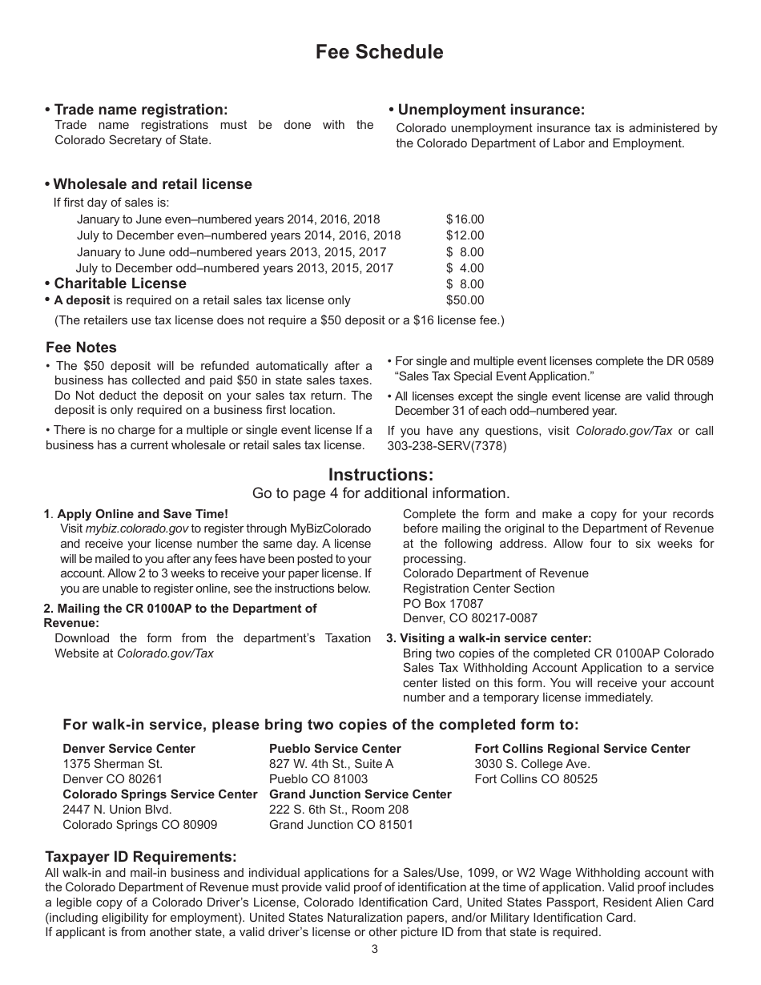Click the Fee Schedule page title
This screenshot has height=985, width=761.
(x=379, y=52)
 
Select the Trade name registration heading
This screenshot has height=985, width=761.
(x=140, y=110)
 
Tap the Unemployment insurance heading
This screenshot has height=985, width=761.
(x=490, y=110)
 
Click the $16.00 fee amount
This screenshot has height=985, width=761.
(x=465, y=219)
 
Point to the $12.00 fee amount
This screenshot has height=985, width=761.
(x=465, y=235)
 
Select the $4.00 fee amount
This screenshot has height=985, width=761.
(x=465, y=268)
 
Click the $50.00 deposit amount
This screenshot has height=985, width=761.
(x=465, y=300)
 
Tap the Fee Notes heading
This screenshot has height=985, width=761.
(x=81, y=348)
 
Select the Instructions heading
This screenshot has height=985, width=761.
(x=380, y=475)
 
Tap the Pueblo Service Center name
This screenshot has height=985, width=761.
(x=335, y=749)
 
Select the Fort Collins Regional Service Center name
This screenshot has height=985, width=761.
(x=582, y=749)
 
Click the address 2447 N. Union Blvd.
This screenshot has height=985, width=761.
(x=117, y=810)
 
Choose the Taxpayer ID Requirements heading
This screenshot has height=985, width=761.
(x=141, y=856)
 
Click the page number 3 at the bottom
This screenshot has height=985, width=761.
(x=374, y=950)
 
